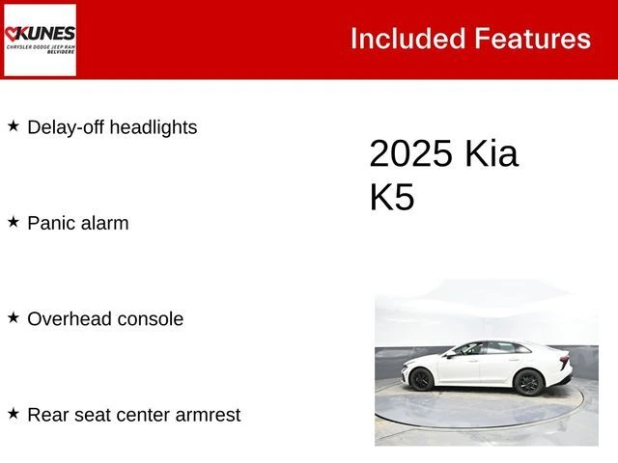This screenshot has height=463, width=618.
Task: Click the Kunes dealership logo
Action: pos(40,40)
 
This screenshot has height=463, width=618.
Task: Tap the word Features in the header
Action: pos(532,39)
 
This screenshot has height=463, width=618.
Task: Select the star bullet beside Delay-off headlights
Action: pos(14,126)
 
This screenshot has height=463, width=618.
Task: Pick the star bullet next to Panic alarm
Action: pos(14,222)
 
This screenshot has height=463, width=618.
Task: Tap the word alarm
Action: pos(104,223)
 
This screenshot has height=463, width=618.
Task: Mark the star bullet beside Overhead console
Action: pos(14,317)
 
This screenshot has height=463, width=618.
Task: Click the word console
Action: pos(151,319)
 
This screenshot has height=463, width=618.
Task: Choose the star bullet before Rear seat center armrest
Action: pos(14,413)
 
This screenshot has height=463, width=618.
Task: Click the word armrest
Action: pos(206,415)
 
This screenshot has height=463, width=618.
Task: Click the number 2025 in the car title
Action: pos(411,154)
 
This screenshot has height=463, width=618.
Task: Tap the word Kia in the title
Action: pos(492,154)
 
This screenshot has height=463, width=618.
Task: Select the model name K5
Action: pos(392,197)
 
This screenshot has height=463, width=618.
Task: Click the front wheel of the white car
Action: pos(421,380)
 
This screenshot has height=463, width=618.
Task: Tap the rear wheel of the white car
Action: pos(527,382)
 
